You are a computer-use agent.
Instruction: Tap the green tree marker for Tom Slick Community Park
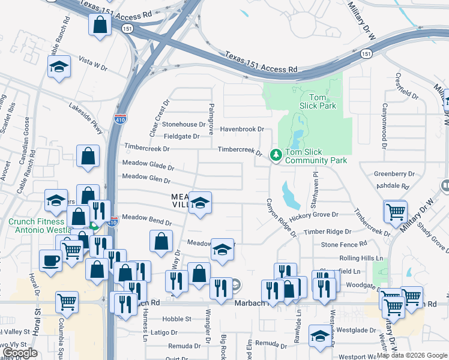point(276,155)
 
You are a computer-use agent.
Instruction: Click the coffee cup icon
point(50,260)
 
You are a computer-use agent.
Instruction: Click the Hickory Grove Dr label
point(313,214)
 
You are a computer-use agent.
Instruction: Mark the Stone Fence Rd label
point(343,244)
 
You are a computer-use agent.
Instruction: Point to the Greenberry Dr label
point(394,174)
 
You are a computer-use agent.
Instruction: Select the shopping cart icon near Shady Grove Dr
point(396,211)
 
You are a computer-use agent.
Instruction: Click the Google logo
point(20,353)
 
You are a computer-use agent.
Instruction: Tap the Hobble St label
point(178,319)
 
